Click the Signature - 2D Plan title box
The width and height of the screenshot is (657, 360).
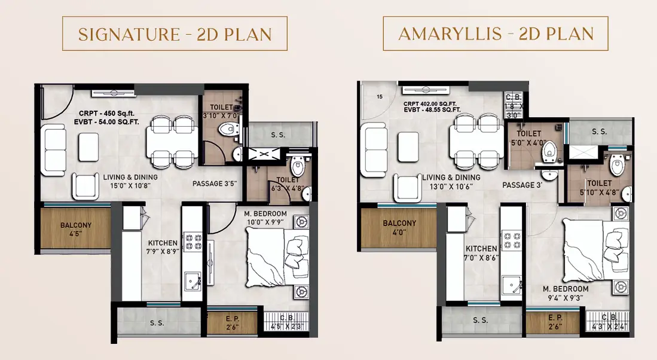coord(175,33)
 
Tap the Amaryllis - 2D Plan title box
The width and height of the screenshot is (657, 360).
coord(495,33)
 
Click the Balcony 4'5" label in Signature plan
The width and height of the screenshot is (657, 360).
coord(76,229)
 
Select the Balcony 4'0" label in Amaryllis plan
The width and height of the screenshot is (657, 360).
coord(399,227)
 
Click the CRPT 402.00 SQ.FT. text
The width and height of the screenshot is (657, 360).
coord(430,104)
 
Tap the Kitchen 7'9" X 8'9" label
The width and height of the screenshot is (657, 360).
coord(163,247)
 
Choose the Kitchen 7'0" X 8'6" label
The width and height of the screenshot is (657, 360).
coord(481,253)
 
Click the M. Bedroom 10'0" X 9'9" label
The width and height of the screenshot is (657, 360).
coord(265,218)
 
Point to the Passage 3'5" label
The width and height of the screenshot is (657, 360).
coord(215,184)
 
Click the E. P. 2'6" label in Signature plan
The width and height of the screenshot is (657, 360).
coord(232,323)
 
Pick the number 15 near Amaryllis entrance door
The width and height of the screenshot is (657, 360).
coord(380,97)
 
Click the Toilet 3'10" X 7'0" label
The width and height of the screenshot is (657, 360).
coord(221,111)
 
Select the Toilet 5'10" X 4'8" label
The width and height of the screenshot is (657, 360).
coord(599,188)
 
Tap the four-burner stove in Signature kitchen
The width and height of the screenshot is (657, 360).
coord(194,242)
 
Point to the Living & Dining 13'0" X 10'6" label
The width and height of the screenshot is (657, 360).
coord(451,182)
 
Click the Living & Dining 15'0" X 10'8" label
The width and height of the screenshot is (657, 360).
coord(130,181)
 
